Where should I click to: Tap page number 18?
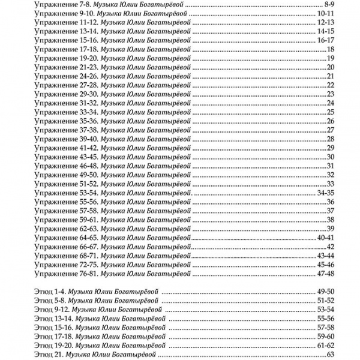click(330, 49)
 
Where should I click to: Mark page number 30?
click(330, 157)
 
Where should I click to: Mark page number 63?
click(330, 355)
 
